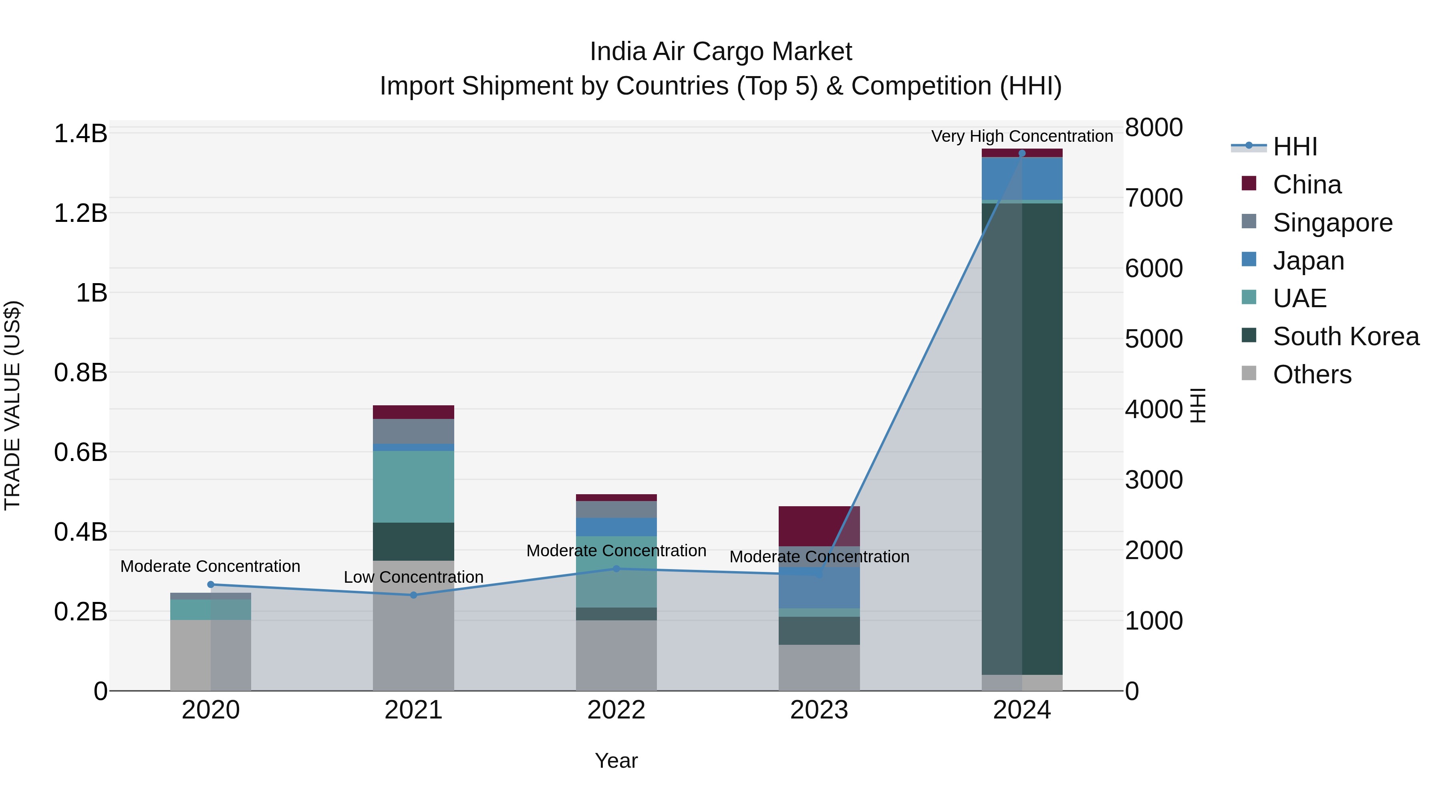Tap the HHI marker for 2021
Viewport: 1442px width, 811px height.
click(414, 595)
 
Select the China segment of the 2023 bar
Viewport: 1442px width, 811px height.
click(819, 526)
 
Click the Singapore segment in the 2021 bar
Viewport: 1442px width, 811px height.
click(414, 431)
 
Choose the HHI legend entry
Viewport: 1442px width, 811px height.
click(1294, 147)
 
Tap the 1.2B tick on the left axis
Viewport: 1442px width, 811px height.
click(81, 213)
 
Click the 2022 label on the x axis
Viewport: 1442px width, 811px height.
click(616, 710)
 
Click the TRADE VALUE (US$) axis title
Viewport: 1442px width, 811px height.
click(12, 405)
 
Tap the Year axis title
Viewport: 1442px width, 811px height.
click(616, 761)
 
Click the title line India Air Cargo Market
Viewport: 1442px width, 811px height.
click(721, 52)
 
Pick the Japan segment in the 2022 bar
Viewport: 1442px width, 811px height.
click(616, 527)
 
